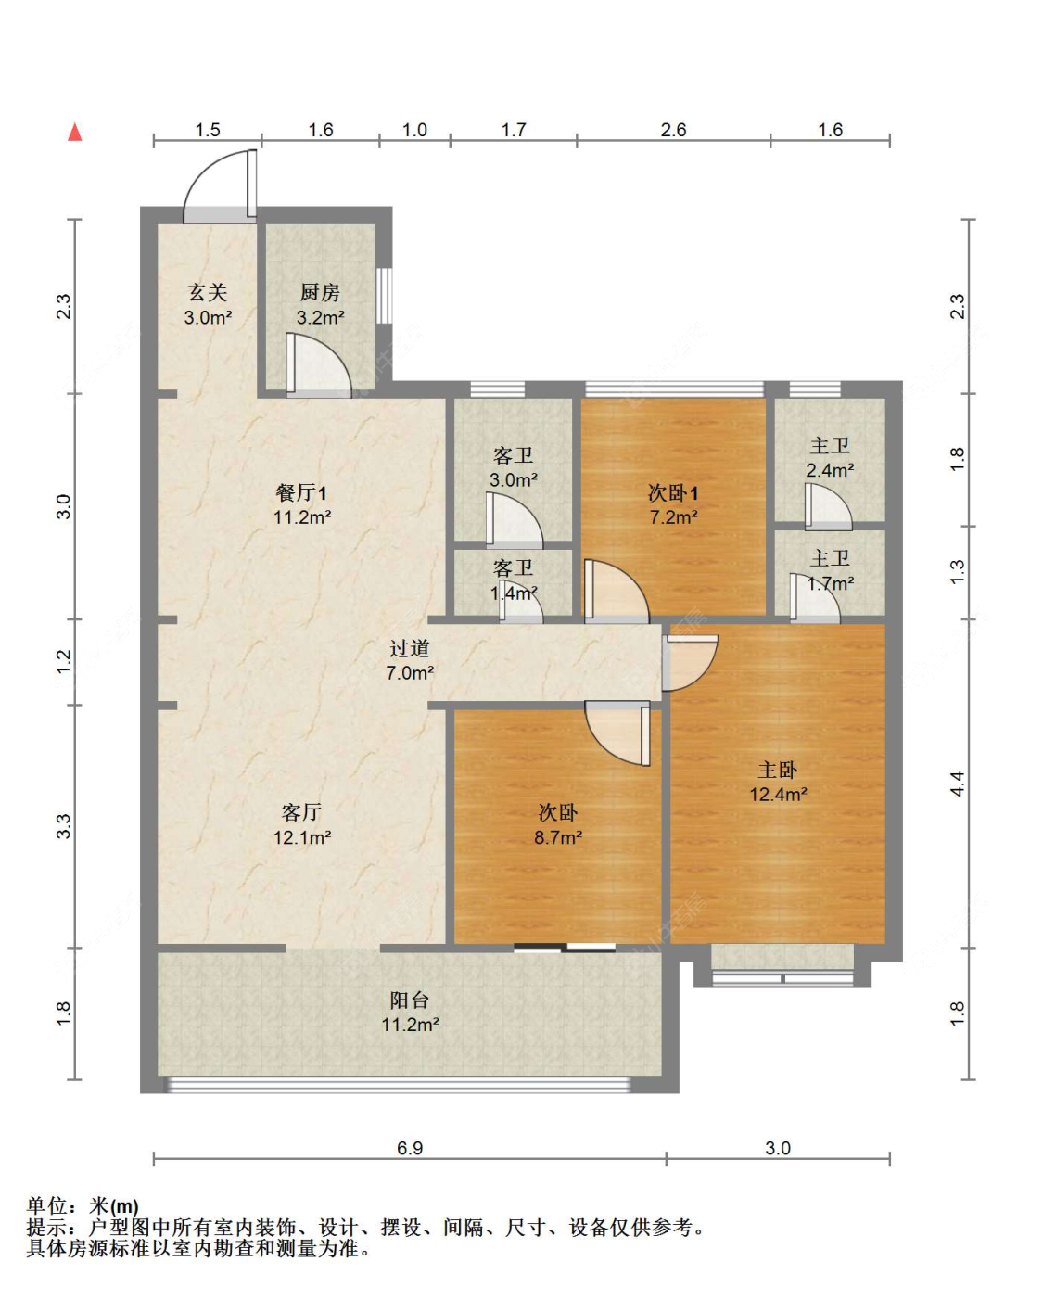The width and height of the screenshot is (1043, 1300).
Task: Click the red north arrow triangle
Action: pos(75,132)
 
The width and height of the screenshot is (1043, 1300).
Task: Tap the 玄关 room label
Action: pos(208,293)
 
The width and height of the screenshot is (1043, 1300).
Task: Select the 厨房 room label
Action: pos(320,293)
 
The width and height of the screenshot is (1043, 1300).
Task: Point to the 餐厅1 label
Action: pos(301,493)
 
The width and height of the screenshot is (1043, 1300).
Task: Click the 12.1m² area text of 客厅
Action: pos(301,838)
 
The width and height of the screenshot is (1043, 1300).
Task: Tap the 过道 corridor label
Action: pos(409,649)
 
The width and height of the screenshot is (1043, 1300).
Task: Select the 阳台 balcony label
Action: pos(409,1000)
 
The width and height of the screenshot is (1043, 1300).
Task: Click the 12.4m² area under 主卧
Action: pos(778,795)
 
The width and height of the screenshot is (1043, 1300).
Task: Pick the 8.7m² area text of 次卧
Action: pos(557,838)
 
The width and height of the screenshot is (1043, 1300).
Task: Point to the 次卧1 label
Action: pos(673,493)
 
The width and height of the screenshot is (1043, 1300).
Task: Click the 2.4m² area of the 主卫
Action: pos(830,471)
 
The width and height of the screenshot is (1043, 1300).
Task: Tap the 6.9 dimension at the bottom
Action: pos(410,1148)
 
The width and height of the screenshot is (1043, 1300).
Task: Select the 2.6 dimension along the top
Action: pos(673,130)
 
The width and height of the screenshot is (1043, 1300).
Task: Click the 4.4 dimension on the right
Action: pos(957,784)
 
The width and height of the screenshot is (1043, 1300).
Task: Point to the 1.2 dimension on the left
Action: pos(63,661)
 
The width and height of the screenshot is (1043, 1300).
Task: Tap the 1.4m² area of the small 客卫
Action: pos(514,593)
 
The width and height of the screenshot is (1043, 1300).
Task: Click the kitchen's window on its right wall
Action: pos(384,296)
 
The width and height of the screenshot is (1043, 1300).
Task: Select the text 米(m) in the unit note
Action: pos(114,1206)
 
